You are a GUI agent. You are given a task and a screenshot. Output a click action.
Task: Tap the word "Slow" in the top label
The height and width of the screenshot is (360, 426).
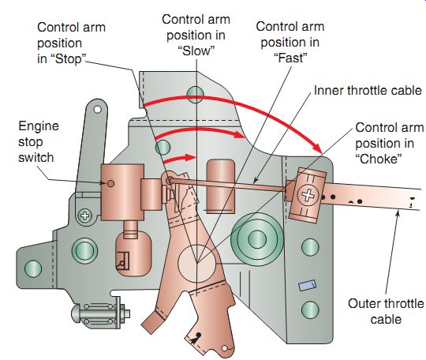tap(196, 51)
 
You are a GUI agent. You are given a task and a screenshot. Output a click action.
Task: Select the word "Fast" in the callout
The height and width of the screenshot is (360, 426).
tap(290, 58)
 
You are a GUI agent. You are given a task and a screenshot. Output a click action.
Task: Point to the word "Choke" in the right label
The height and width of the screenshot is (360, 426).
tap(378, 159)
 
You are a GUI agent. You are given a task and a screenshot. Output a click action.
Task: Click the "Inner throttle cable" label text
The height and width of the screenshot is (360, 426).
tap(368, 90)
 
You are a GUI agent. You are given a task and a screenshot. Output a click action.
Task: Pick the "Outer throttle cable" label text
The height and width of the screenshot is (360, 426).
tap(386, 311)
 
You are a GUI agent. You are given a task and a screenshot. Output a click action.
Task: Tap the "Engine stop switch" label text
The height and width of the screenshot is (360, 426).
tap(39, 141)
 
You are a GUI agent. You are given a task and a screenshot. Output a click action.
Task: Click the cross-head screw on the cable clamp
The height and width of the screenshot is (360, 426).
tap(308, 195)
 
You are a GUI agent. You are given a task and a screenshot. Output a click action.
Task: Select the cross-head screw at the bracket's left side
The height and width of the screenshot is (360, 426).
tap(85, 216)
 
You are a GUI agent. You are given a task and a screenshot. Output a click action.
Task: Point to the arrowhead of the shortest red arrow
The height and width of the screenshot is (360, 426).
tap(191, 157)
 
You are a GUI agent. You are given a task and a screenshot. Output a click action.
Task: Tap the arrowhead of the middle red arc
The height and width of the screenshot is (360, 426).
tap(240, 134)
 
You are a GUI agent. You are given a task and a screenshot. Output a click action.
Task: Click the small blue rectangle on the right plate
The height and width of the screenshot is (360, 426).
tap(308, 285)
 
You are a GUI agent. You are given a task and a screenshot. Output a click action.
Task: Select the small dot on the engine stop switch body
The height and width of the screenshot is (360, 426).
tap(110, 183)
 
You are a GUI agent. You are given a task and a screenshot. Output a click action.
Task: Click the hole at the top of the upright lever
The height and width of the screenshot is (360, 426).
tap(97, 110)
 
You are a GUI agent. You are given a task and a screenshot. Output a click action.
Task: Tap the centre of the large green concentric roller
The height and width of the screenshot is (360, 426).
tap(256, 239)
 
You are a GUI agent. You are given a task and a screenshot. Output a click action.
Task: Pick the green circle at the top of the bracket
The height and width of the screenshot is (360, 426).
tap(195, 95)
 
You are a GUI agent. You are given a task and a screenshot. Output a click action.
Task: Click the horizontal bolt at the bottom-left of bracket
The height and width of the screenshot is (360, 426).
tap(100, 313)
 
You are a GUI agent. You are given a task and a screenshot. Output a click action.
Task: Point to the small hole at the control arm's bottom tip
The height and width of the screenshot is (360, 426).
tap(224, 348)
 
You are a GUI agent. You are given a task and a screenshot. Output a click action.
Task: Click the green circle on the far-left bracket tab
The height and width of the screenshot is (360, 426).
tap(33, 268)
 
